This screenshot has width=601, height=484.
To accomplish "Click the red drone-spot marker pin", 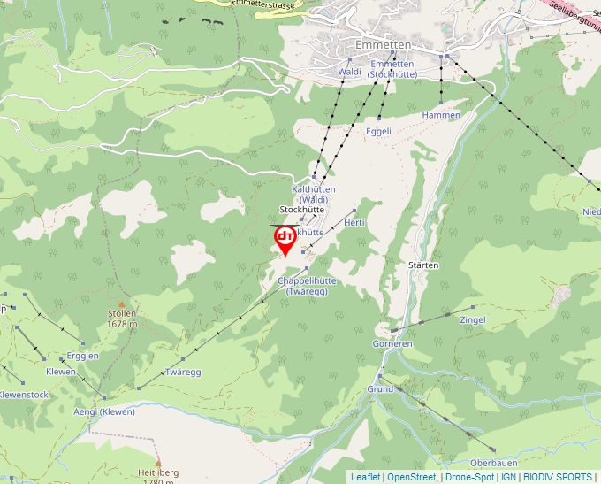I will (285, 239).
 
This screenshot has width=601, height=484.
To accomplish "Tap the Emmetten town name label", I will (384, 45).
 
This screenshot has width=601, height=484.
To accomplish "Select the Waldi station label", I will (350, 72).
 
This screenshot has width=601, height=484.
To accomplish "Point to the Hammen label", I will (441, 115).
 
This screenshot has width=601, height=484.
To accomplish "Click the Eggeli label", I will (378, 131).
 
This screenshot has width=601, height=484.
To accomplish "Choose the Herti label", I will (354, 222).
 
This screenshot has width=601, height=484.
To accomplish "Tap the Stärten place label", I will (424, 265).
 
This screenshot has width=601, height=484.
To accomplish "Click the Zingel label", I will (473, 319).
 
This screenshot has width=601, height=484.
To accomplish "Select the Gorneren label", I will (392, 343).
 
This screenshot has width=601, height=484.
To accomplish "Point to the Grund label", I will (380, 389).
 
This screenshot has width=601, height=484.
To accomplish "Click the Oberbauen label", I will (493, 463).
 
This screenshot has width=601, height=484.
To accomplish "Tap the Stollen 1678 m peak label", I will (122, 319).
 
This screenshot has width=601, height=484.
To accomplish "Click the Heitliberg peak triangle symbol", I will (158, 463).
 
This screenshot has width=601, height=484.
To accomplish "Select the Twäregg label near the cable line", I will (183, 373).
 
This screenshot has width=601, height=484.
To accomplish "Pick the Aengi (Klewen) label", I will (104, 411).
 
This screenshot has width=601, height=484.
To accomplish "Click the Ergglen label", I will (82, 356).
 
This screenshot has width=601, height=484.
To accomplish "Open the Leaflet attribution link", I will (365, 477).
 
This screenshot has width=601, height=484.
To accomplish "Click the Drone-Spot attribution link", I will (468, 477).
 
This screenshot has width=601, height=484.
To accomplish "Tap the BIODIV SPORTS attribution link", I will (557, 477).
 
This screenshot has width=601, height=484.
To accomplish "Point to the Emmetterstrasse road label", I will (262, 5).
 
